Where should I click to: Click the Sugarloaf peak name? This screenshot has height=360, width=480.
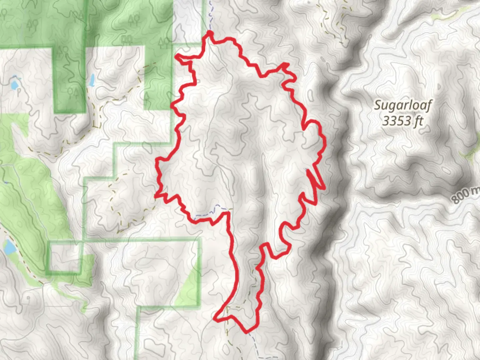pos(403,105)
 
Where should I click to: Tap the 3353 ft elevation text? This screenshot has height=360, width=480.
pos(402,121)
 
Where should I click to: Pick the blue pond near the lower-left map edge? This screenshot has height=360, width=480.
pos(9,247)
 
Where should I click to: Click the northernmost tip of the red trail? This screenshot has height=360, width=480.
pos(210,32)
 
